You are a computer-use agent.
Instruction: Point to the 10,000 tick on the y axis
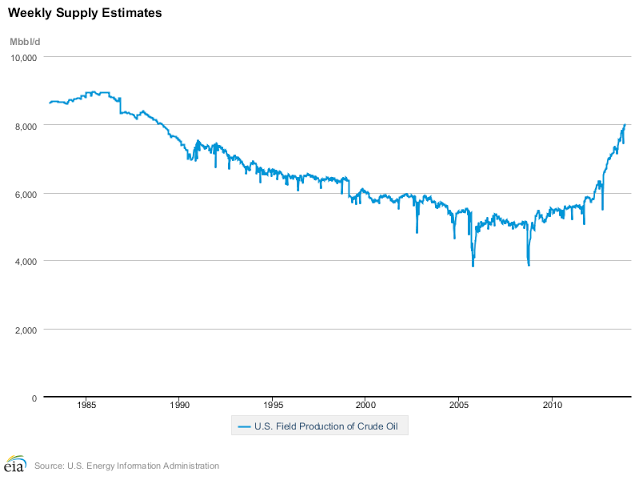(23, 58)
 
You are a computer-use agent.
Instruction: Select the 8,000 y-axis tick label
(25, 126)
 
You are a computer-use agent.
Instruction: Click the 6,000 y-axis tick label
(25, 194)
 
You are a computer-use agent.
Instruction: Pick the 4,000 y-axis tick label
(25, 261)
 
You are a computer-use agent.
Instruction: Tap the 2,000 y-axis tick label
(25, 329)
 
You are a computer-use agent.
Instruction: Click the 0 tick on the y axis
(35, 397)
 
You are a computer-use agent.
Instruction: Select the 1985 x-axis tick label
(86, 407)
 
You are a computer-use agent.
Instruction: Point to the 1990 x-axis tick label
(180, 407)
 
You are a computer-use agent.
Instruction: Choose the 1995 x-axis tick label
(273, 407)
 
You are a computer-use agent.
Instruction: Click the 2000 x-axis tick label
(366, 407)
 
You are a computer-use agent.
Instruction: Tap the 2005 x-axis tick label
(459, 407)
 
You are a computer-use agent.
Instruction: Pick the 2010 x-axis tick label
(553, 407)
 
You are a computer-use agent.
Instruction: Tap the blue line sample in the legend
(243, 427)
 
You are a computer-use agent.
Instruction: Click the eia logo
(14, 465)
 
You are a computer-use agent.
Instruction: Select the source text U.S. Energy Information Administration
(126, 466)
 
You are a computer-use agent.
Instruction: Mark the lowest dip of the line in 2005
(473, 266)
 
